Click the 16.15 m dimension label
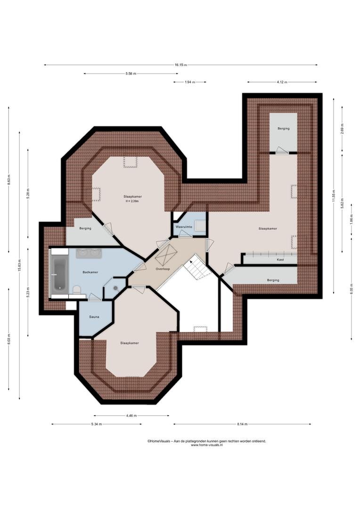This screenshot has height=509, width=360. point(180,65)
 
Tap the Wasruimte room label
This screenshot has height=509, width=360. point(184,227)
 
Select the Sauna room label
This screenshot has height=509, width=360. point(94,317)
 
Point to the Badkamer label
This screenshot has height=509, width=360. point(90,272)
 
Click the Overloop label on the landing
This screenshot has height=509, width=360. point(163,269)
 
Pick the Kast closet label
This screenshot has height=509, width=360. point(280,260)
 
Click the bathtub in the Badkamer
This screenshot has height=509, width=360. point(59,274)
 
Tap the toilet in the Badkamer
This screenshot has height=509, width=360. point(77,289)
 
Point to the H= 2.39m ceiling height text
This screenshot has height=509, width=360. point(132,201)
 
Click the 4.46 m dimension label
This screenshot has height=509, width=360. point(131,416)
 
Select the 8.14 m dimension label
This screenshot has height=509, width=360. point(242,424)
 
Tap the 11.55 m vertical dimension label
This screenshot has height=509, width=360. point(334,196)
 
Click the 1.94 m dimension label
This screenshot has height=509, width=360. point(190,82)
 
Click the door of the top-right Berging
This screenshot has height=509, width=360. point(281,150)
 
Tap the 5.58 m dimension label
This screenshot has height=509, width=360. point(131,74)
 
